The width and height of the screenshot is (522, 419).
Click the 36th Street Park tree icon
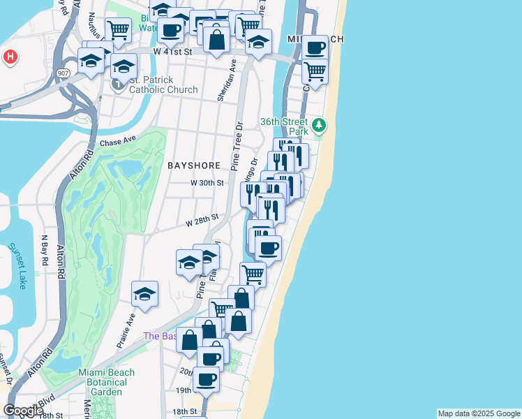click(x=319, y=126)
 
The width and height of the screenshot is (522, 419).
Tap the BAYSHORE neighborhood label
click(x=194, y=166)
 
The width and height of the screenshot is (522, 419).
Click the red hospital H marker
click(x=10, y=57)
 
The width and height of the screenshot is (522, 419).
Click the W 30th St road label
click(x=207, y=183)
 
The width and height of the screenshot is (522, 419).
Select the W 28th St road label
click(x=202, y=221)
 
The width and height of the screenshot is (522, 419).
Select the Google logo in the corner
click(x=22, y=411)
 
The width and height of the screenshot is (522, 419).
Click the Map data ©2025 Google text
click(x=479, y=413)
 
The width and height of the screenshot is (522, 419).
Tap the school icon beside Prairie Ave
click(x=144, y=294)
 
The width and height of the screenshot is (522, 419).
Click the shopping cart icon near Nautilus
click(x=118, y=31)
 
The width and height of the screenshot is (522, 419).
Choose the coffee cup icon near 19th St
click(x=206, y=379)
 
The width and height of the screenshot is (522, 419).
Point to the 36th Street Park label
click(x=284, y=126)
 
